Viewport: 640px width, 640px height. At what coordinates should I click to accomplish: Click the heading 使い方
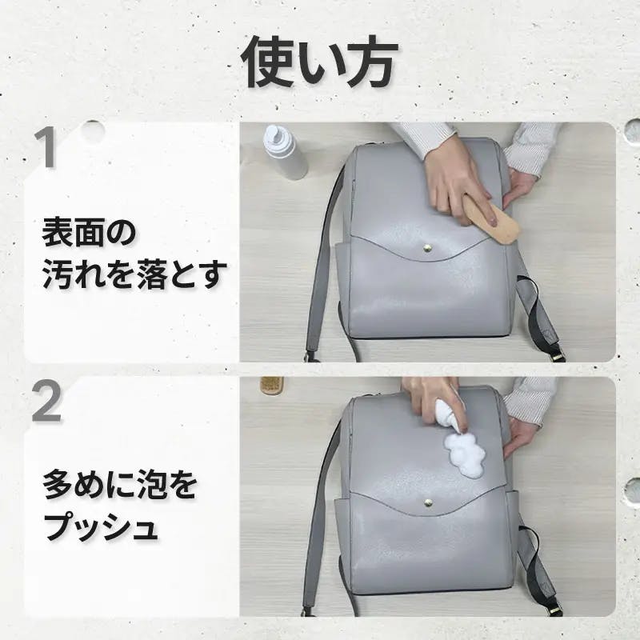click(319, 62)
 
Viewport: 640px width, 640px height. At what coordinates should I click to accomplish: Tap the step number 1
click(45, 147)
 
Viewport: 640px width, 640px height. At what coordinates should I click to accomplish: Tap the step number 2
click(46, 402)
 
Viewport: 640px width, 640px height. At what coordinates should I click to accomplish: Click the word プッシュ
click(101, 527)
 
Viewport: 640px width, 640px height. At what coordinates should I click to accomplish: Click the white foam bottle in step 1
click(286, 153)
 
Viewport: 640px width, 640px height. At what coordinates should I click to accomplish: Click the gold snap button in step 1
click(428, 247)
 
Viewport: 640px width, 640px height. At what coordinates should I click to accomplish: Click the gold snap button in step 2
click(428, 502)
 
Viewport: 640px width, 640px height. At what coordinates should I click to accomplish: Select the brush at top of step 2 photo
click(272, 386)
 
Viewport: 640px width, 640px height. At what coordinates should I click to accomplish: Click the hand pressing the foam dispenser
click(432, 403)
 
